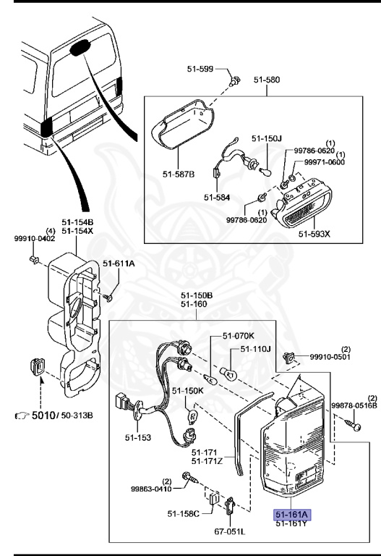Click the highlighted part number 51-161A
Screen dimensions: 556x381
click(291, 514)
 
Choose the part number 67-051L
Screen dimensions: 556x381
click(229, 531)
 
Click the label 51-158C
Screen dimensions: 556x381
click(184, 513)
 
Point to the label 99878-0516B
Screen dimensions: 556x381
click(354, 405)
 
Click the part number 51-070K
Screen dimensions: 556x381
click(238, 336)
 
